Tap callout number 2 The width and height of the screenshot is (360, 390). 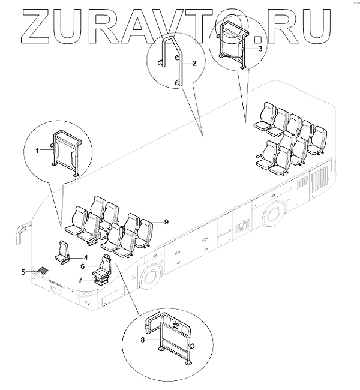click(x=194, y=62)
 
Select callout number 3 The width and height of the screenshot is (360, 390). click(x=260, y=47)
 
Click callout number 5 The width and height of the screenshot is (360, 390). click(x=23, y=272)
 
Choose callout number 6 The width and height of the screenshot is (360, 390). click(x=83, y=266)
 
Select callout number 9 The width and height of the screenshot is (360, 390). click(x=166, y=222)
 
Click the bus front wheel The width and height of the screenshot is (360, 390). click(x=150, y=278)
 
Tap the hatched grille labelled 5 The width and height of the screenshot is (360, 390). click(x=44, y=271)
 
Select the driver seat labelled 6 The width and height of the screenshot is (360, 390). click(x=102, y=270)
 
